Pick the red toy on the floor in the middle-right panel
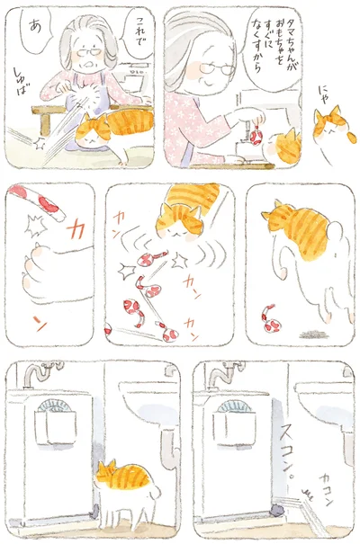point(268,317)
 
